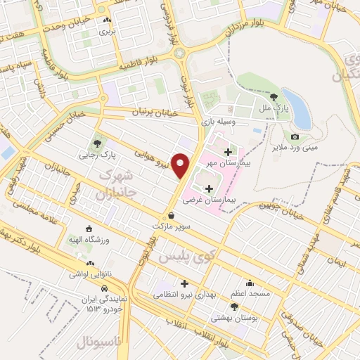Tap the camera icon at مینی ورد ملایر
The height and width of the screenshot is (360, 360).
point(295,136)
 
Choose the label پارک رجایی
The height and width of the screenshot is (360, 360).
point(97,153)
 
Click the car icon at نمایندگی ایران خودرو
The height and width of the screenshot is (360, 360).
point(104,289)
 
